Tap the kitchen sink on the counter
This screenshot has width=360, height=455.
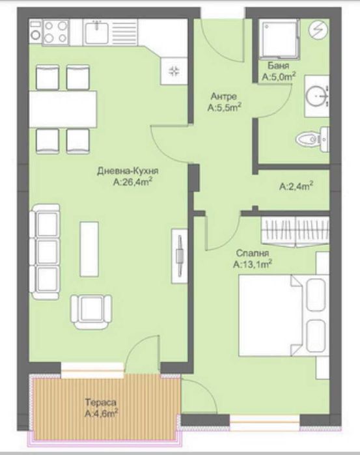click(x=98, y=31)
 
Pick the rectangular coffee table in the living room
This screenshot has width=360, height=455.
click(x=89, y=250)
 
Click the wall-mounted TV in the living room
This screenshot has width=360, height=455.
click(x=178, y=255)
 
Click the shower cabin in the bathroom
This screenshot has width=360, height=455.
click(x=278, y=38)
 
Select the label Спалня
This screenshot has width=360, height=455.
click(x=252, y=254)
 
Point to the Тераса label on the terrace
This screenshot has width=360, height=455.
click(x=99, y=401)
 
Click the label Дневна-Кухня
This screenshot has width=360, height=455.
click(x=128, y=172)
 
